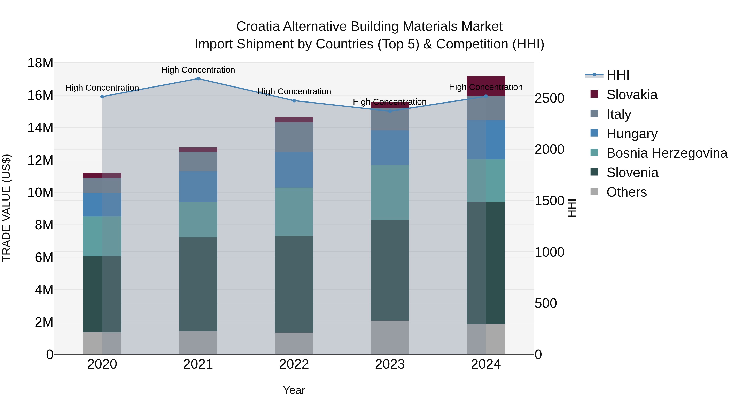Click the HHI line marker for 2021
point(198,79)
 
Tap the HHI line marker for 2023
point(390,111)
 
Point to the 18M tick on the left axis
point(40,63)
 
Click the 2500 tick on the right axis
point(549,98)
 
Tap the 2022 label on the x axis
point(294,364)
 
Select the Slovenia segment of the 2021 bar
point(198,284)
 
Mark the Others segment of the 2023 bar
point(390,337)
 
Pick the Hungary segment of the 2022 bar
point(294,170)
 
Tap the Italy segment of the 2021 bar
point(198,161)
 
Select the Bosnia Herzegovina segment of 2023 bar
point(390,192)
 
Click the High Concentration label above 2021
point(198,70)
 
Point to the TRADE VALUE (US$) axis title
point(6,208)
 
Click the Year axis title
point(294,390)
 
